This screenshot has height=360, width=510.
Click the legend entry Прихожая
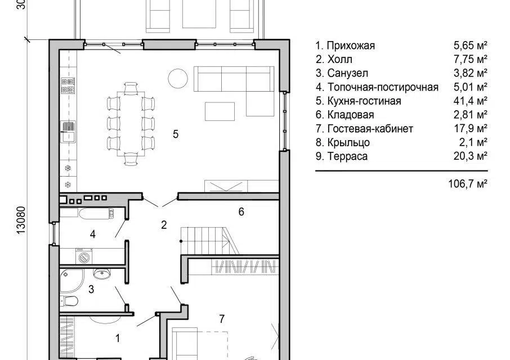pyautogui.click(x=351, y=46)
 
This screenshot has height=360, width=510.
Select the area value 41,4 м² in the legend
pyautogui.click(x=471, y=101)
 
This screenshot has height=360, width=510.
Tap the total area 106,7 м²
pyautogui.click(x=468, y=184)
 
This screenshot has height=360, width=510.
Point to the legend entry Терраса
pyautogui.click(x=347, y=156)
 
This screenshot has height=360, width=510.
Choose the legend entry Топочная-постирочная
pyautogui.click(x=383, y=87)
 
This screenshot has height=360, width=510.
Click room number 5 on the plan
pyautogui.click(x=176, y=134)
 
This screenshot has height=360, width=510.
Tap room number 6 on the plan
pyautogui.click(x=241, y=212)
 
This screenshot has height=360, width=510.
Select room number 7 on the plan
pyautogui.click(x=222, y=319)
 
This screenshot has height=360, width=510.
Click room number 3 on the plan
pyautogui.click(x=91, y=289)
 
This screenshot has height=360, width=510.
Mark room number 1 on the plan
pyautogui.click(x=118, y=338)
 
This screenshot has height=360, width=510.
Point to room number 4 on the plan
pyautogui.click(x=93, y=234)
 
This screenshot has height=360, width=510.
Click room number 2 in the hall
pyautogui.click(x=164, y=224)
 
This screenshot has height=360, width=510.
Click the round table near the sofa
pyautogui.click(x=177, y=79)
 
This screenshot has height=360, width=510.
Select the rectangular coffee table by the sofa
pyautogui.click(x=220, y=111)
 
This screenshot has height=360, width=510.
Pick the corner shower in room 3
pyautogui.click(x=71, y=280)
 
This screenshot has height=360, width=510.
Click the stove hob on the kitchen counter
pyautogui.click(x=68, y=85)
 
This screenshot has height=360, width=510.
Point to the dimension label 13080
pyautogui.click(x=20, y=220)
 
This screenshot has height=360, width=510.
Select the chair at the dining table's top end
pyautogui.click(x=131, y=88)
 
